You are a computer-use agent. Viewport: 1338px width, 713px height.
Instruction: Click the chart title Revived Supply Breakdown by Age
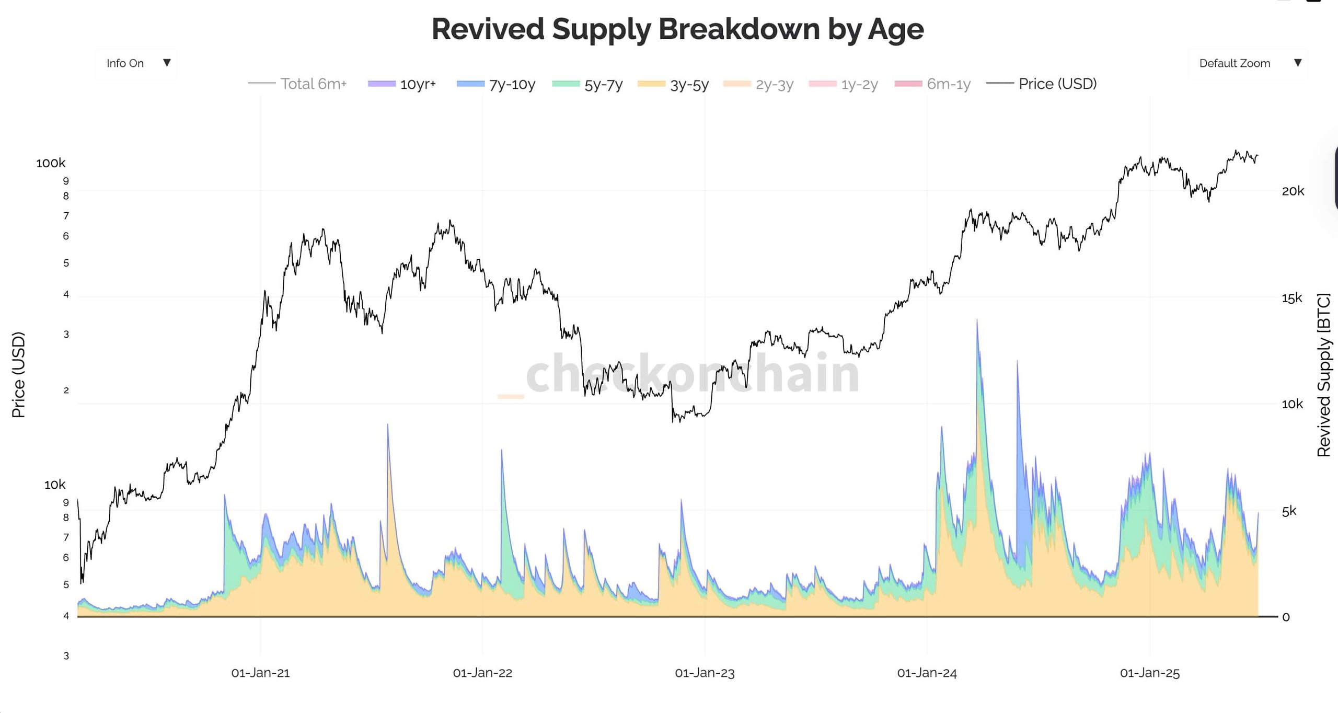[677, 29]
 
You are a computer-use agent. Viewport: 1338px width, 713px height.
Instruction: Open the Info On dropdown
[136, 63]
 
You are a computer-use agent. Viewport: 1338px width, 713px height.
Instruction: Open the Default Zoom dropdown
[1247, 63]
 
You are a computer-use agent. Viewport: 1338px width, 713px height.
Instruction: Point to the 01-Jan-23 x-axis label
[705, 673]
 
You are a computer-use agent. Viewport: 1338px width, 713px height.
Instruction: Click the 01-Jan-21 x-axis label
[260, 673]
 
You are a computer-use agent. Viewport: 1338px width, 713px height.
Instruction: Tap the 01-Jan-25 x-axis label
[1149, 673]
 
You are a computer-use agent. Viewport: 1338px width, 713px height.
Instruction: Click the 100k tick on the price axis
[51, 163]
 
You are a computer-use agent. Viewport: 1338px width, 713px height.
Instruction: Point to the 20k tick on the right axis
[1293, 191]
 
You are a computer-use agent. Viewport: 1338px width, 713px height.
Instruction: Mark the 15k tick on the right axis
[1291, 298]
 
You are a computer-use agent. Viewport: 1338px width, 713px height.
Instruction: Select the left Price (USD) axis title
[18, 374]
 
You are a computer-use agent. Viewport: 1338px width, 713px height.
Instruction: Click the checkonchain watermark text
[692, 373]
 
